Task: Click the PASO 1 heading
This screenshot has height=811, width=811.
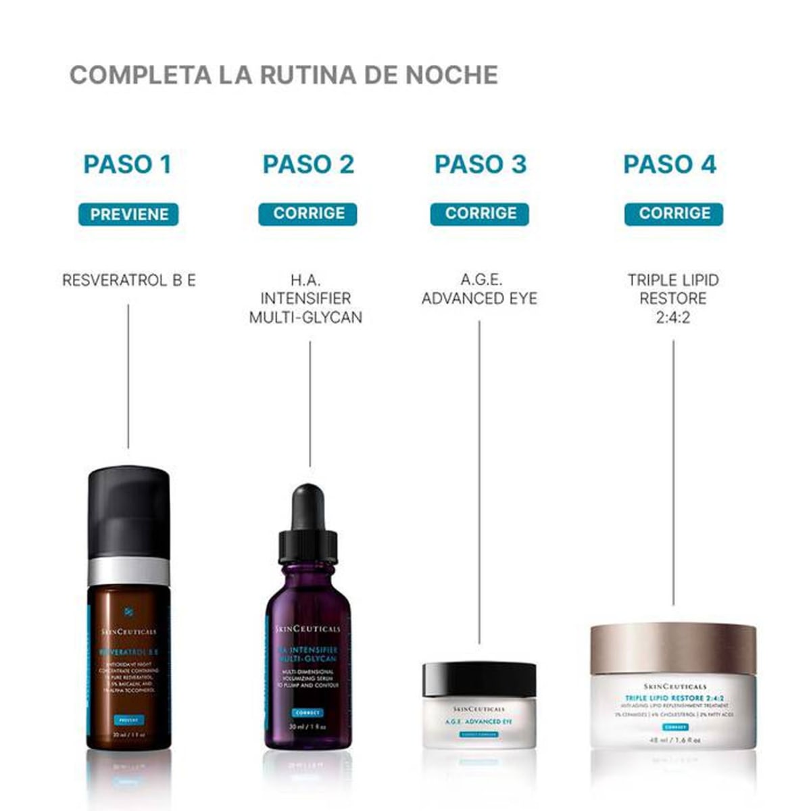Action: (x=127, y=164)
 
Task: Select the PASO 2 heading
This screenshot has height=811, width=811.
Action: (x=308, y=164)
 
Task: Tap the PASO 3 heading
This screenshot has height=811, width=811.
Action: (x=480, y=164)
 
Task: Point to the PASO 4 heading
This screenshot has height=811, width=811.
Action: (x=669, y=164)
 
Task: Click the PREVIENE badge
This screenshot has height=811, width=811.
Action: (x=128, y=214)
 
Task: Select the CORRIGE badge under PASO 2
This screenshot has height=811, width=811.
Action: (x=308, y=214)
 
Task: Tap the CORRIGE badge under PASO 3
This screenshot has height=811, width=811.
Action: (x=480, y=214)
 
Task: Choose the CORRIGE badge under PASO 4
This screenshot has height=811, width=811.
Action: (x=674, y=214)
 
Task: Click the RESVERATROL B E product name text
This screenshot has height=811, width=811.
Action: (x=128, y=280)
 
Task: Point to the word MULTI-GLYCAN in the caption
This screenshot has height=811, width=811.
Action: (x=305, y=317)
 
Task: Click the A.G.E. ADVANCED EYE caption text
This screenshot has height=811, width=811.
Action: (x=479, y=289)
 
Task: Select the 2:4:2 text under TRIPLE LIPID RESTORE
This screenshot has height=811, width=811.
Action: (x=672, y=317)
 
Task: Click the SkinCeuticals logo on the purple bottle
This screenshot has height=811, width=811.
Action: (x=308, y=629)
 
